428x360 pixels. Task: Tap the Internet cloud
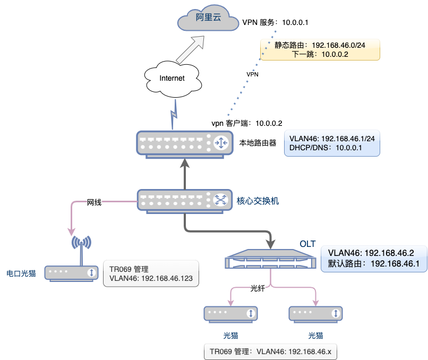173,78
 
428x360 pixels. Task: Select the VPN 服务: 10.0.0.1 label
275,22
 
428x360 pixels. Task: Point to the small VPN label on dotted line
253,74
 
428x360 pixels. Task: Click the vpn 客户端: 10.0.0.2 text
247,123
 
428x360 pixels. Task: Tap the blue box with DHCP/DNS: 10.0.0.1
332,143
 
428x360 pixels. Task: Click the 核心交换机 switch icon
185,201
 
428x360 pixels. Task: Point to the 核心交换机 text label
258,201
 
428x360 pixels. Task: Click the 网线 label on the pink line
94,202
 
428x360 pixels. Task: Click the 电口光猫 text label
21,273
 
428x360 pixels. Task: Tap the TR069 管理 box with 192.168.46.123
151,273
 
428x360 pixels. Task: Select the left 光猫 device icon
230,314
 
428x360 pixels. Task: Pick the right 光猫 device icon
315,314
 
